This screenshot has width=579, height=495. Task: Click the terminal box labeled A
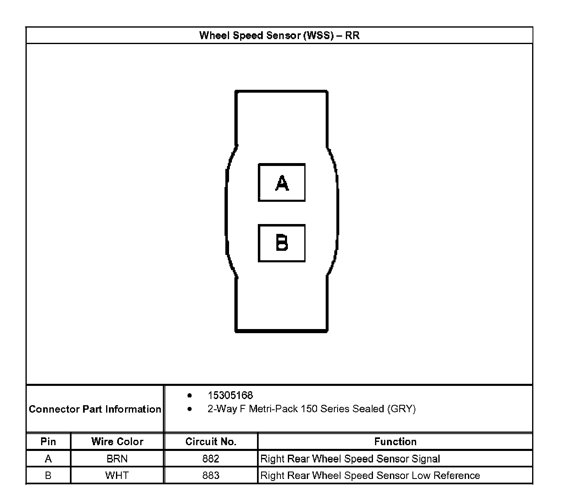(282, 182)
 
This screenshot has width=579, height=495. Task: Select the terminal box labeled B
(282, 243)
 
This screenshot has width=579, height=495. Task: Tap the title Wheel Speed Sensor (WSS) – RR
(279, 35)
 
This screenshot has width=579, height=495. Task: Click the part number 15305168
(230, 395)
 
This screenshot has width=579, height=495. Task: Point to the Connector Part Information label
(95, 409)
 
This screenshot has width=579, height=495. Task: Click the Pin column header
(48, 441)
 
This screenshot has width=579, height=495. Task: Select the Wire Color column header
(117, 441)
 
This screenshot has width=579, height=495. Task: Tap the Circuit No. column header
(211, 441)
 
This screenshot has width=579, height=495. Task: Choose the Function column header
(395, 441)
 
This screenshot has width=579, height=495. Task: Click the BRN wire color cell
(117, 459)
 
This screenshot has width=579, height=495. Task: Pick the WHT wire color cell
(117, 475)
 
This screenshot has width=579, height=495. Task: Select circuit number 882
(211, 459)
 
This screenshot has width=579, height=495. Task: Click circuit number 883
(211, 475)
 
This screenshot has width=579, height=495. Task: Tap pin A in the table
(48, 459)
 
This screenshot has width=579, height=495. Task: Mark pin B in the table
(48, 475)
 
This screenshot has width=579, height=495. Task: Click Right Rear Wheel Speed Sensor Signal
(350, 459)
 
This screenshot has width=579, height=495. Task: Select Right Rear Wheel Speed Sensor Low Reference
(370, 475)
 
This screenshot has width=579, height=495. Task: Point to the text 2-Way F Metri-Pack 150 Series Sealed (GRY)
(311, 409)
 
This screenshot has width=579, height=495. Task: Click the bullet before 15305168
(190, 395)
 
